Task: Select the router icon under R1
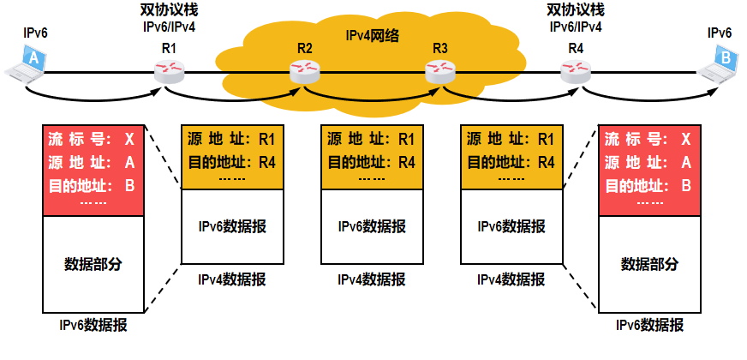click(x=169, y=72)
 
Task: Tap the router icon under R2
click(x=304, y=74)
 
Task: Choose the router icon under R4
click(x=575, y=72)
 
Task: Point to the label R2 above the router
click(x=304, y=47)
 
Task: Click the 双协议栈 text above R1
click(x=168, y=10)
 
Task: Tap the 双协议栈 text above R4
click(x=575, y=10)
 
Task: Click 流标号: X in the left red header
click(x=92, y=139)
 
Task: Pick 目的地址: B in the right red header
click(x=648, y=185)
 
